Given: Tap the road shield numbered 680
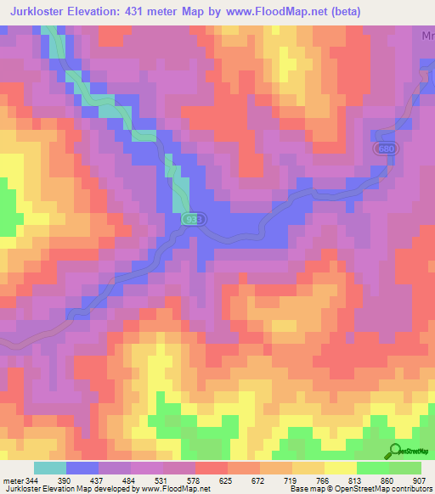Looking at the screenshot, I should click(x=387, y=149).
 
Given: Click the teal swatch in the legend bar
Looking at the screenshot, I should click(x=50, y=469).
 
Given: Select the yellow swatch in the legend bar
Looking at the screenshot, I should click(x=340, y=469).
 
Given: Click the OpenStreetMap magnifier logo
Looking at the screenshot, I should click(x=394, y=452).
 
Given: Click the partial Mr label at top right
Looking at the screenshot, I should click(x=427, y=36).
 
